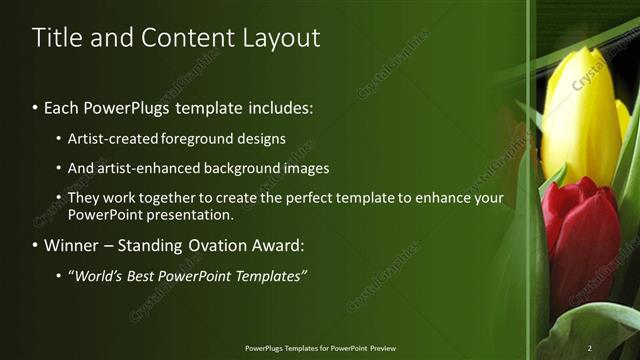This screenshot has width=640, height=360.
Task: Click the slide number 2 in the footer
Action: pos(589,348)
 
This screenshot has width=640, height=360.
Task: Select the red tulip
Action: pos(580,240)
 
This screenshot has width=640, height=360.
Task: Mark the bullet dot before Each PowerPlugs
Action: pos(36,106)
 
